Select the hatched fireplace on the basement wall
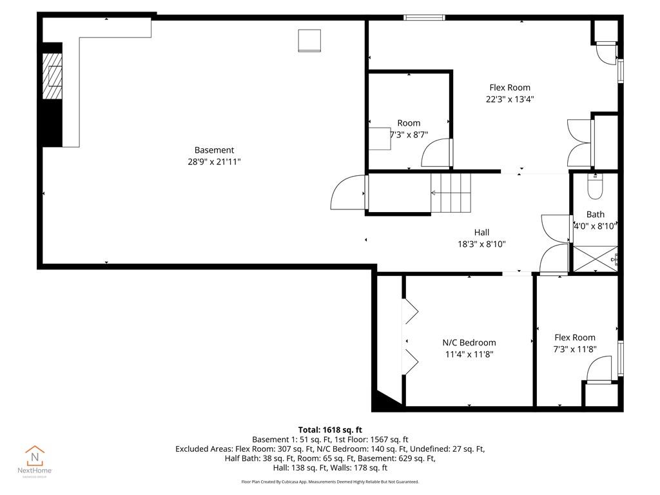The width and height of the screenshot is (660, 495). [52, 76]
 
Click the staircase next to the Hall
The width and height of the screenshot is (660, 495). [451, 193]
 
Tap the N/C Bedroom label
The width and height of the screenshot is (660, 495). [469, 342]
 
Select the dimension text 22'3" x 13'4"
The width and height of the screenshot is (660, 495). [510, 99]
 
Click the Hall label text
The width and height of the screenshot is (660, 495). [481, 233]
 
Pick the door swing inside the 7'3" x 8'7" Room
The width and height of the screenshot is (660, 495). [437, 155]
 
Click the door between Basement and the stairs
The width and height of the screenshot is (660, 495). [349, 193]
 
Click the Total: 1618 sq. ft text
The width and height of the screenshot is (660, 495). [330, 429]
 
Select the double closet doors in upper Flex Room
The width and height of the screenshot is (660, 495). [578, 142]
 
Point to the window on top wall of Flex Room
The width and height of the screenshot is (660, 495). [424, 17]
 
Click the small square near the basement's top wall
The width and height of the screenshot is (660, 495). [309, 40]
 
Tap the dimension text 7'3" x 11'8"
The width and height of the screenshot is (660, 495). [575, 349]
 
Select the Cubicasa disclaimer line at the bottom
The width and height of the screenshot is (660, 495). [330, 481]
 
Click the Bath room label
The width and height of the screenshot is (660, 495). [596, 215]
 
